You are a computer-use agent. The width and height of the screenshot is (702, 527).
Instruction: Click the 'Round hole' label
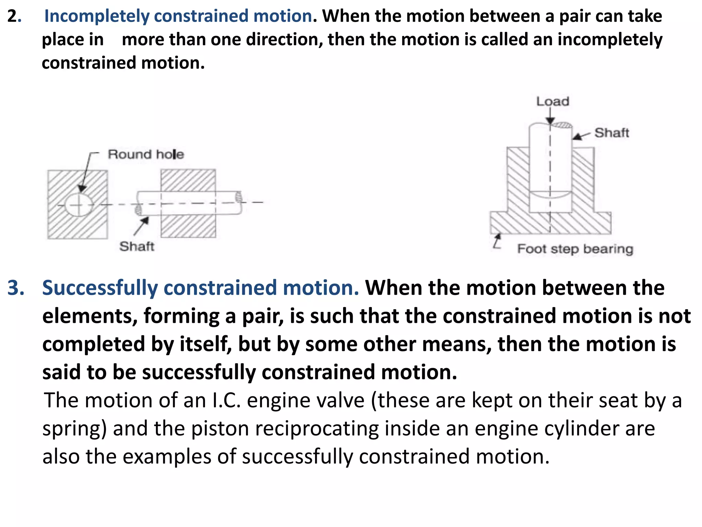pyautogui.click(x=146, y=154)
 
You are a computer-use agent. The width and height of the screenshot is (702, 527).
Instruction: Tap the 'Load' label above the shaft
pyautogui.click(x=553, y=102)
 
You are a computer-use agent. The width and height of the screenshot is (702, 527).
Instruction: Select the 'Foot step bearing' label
pyautogui.click(x=575, y=249)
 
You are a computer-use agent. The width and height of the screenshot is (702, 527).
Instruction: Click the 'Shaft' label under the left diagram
pyautogui.click(x=137, y=246)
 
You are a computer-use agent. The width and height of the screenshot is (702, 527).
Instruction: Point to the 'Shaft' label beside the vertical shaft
pyautogui.click(x=612, y=133)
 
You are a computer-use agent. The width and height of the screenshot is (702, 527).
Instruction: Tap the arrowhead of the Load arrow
pyautogui.click(x=550, y=121)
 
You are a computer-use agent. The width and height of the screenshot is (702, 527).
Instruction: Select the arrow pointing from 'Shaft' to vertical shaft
pyautogui.click(x=581, y=136)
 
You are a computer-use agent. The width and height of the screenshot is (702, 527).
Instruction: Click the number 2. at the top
pyautogui.click(x=14, y=16)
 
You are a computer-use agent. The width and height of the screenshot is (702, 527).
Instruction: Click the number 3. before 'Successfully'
pyautogui.click(x=16, y=288)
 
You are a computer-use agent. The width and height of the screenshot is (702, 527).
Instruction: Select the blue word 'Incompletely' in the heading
pyautogui.click(x=97, y=16)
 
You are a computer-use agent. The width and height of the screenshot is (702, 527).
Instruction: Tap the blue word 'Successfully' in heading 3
pyautogui.click(x=100, y=288)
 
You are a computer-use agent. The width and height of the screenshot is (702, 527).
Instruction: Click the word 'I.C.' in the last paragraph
pyautogui.click(x=226, y=400)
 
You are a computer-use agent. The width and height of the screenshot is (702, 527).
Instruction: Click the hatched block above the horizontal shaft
pyautogui.click(x=188, y=180)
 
